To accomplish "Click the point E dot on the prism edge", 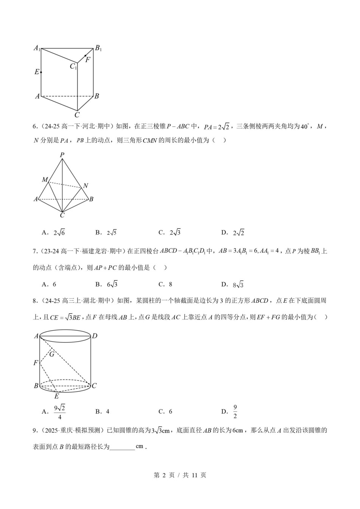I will coord(41,72).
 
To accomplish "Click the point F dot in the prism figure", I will coord(85,56).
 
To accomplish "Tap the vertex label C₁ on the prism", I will coord(73,67).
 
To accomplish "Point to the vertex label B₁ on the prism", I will coord(98,48).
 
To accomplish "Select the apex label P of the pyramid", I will coord(62,155).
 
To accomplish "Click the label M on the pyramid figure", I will coord(45,179).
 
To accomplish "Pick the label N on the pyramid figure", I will coord(86,186).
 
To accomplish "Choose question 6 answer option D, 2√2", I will coord(233,233).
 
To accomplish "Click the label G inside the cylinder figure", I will coord(52,354).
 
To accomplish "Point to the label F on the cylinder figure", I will coord(36,363).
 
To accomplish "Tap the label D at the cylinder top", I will coord(95,336).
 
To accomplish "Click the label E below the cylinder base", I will coord(57,396).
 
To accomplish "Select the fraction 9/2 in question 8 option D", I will coord(235,412).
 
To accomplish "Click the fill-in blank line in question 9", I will coord(122,447).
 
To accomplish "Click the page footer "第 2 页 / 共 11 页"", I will coord(180,475).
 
